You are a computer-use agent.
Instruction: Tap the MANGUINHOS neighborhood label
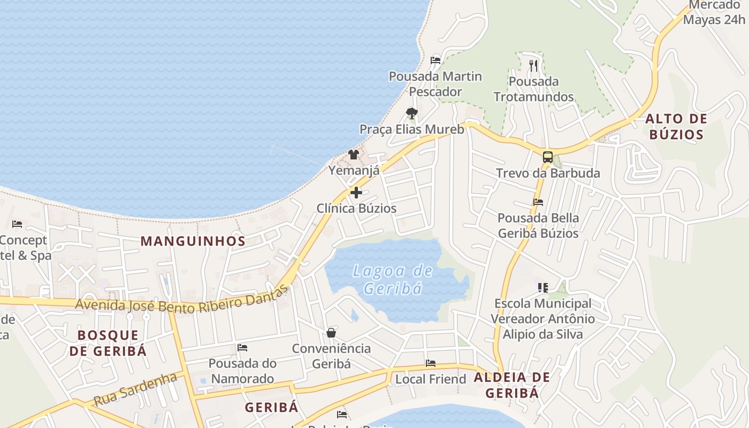[193, 241]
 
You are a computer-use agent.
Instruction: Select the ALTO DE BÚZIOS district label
[676, 126]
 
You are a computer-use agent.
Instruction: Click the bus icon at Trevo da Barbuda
[548, 157]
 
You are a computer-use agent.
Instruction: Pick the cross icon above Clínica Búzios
[356, 192]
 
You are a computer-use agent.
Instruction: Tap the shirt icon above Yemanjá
[354, 155]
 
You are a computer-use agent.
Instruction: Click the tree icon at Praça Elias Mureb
[411, 113]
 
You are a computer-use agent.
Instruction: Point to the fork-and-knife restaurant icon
[533, 65]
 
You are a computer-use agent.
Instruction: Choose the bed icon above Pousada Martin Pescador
[435, 60]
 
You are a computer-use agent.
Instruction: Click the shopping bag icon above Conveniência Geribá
[331, 333]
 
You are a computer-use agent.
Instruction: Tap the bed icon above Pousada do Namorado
[242, 348]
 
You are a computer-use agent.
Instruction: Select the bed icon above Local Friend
[431, 363]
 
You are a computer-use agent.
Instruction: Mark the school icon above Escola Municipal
[543, 288]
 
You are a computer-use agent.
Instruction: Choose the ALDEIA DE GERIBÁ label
[512, 385]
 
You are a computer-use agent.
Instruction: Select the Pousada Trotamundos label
[534, 89]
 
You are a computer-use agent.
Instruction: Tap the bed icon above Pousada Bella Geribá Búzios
[538, 202]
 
